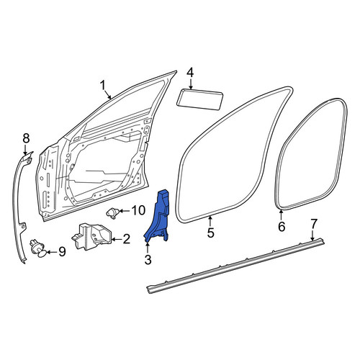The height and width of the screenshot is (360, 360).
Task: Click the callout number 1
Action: click(x=103, y=86)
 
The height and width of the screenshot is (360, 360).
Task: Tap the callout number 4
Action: click(x=190, y=73)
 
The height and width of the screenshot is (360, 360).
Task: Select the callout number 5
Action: click(x=210, y=233)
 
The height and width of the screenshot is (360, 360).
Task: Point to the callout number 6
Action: click(x=282, y=226)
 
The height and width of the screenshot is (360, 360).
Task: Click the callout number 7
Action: click(x=314, y=224)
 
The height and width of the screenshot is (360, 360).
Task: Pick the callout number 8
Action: click(x=26, y=138)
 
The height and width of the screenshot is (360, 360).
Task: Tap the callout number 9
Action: click(x=62, y=251)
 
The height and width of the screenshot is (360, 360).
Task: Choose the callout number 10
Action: click(x=138, y=210)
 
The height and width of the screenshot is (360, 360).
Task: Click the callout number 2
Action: click(x=126, y=239)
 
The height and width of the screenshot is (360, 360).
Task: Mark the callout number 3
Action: click(x=148, y=259)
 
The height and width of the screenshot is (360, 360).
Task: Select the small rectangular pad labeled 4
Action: click(x=200, y=100)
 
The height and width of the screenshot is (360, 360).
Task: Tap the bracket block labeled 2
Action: click(x=91, y=237)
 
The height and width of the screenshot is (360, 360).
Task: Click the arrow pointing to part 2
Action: click(x=117, y=239)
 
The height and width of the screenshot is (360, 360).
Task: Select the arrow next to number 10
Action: click(x=124, y=211)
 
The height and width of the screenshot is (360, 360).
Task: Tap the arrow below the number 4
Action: click(x=191, y=84)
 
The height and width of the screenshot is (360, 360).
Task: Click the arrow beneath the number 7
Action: click(x=312, y=235)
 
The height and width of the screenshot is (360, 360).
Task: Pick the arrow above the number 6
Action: click(x=281, y=215)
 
